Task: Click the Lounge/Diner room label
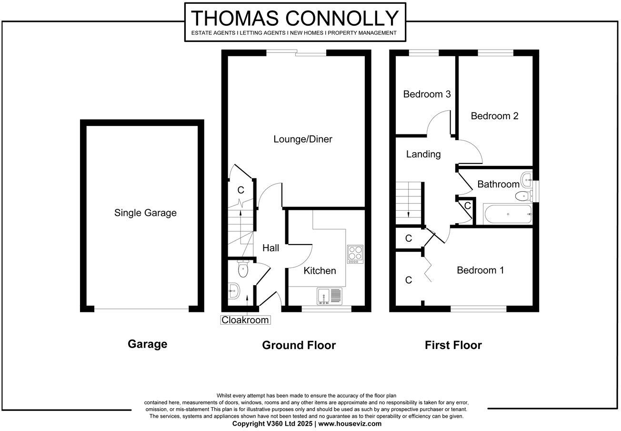click(302, 140)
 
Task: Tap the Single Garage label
click(145, 213)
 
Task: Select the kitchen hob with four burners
click(355, 254)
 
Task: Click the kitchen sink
click(330, 296)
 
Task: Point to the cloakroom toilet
click(243, 269)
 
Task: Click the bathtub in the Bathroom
click(508, 214)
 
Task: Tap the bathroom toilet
click(523, 195)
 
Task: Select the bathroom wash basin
click(526, 180)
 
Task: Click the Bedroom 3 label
click(427, 94)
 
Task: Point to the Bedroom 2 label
click(494, 116)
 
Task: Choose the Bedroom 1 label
click(480, 270)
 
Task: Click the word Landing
click(423, 154)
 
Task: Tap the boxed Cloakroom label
click(245, 320)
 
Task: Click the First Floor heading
click(453, 345)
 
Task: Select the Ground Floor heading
click(299, 345)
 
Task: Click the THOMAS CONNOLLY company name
click(295, 18)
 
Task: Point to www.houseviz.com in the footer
click(350, 423)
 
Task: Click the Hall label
click(270, 248)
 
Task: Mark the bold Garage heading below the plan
click(147, 344)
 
